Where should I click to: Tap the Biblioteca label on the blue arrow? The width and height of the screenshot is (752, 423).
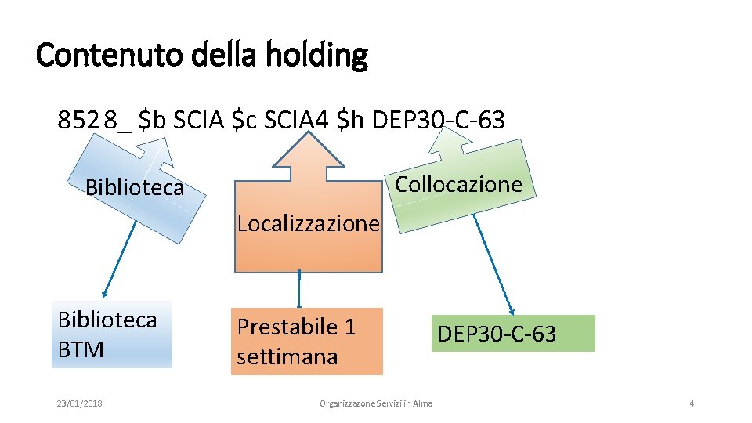point(135,188)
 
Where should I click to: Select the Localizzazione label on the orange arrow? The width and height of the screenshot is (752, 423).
point(308,224)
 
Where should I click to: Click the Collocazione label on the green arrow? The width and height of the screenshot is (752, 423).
point(458,185)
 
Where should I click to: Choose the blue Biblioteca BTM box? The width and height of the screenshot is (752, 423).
point(111,334)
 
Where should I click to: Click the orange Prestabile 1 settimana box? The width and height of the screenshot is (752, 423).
point(306,342)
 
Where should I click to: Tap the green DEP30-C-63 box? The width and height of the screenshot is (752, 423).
point(512,334)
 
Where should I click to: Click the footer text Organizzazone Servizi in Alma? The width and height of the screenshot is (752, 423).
point(376,403)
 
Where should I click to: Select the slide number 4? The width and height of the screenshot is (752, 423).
point(692,403)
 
